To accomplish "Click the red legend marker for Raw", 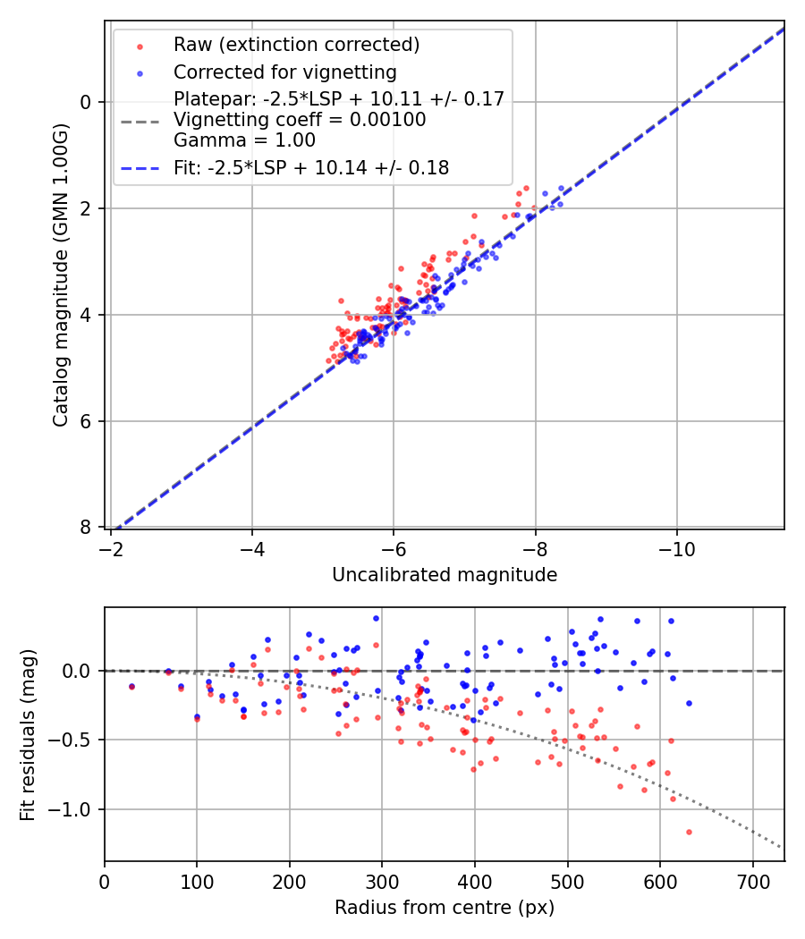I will coord(140,46).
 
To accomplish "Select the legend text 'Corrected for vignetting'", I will coord(284,72).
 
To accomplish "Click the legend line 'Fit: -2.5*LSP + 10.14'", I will coord(140,167).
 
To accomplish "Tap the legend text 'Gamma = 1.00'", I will coord(244,140).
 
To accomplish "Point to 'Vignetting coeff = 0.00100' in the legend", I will coord(300,119).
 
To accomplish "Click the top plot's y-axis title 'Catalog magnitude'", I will coord(61,275).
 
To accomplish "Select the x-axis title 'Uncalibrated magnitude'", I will coord(445,575).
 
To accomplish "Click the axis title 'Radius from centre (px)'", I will coord(445,908).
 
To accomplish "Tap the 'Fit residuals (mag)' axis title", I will coord(28,734).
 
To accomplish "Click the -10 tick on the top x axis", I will coord(676,547).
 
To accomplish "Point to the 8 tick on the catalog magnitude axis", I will coord(87,528).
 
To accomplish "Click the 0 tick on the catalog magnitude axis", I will coord(87,102).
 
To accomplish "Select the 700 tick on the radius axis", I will coord(752,881).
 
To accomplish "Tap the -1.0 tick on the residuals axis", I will coord(75,809).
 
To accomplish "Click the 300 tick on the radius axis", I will coord(382,881).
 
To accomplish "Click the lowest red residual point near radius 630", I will coord(689,832).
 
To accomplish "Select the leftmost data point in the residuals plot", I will coord(131,687).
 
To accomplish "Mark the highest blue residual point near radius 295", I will coord(376,618).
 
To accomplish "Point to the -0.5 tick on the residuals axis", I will coord(75,740).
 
